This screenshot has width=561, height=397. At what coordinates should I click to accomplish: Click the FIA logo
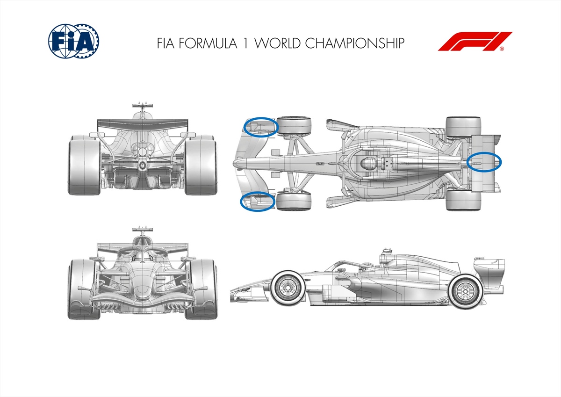point(74,41)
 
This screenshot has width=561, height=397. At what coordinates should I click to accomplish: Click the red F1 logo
point(475,41)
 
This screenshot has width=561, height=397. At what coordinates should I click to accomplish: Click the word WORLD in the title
point(278,43)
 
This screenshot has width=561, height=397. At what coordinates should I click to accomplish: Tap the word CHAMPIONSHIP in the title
point(355,43)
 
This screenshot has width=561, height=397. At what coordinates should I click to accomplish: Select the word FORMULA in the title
point(208,43)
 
